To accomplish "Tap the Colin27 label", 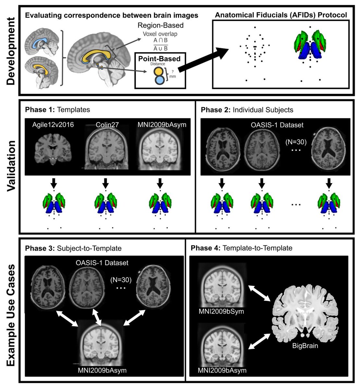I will pyautogui.click(x=104, y=124).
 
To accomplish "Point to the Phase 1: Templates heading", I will pyautogui.click(x=57, y=110).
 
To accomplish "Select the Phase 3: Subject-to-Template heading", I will pyautogui.click(x=73, y=248).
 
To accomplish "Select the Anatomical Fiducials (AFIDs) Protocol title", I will pyautogui.click(x=282, y=15).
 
